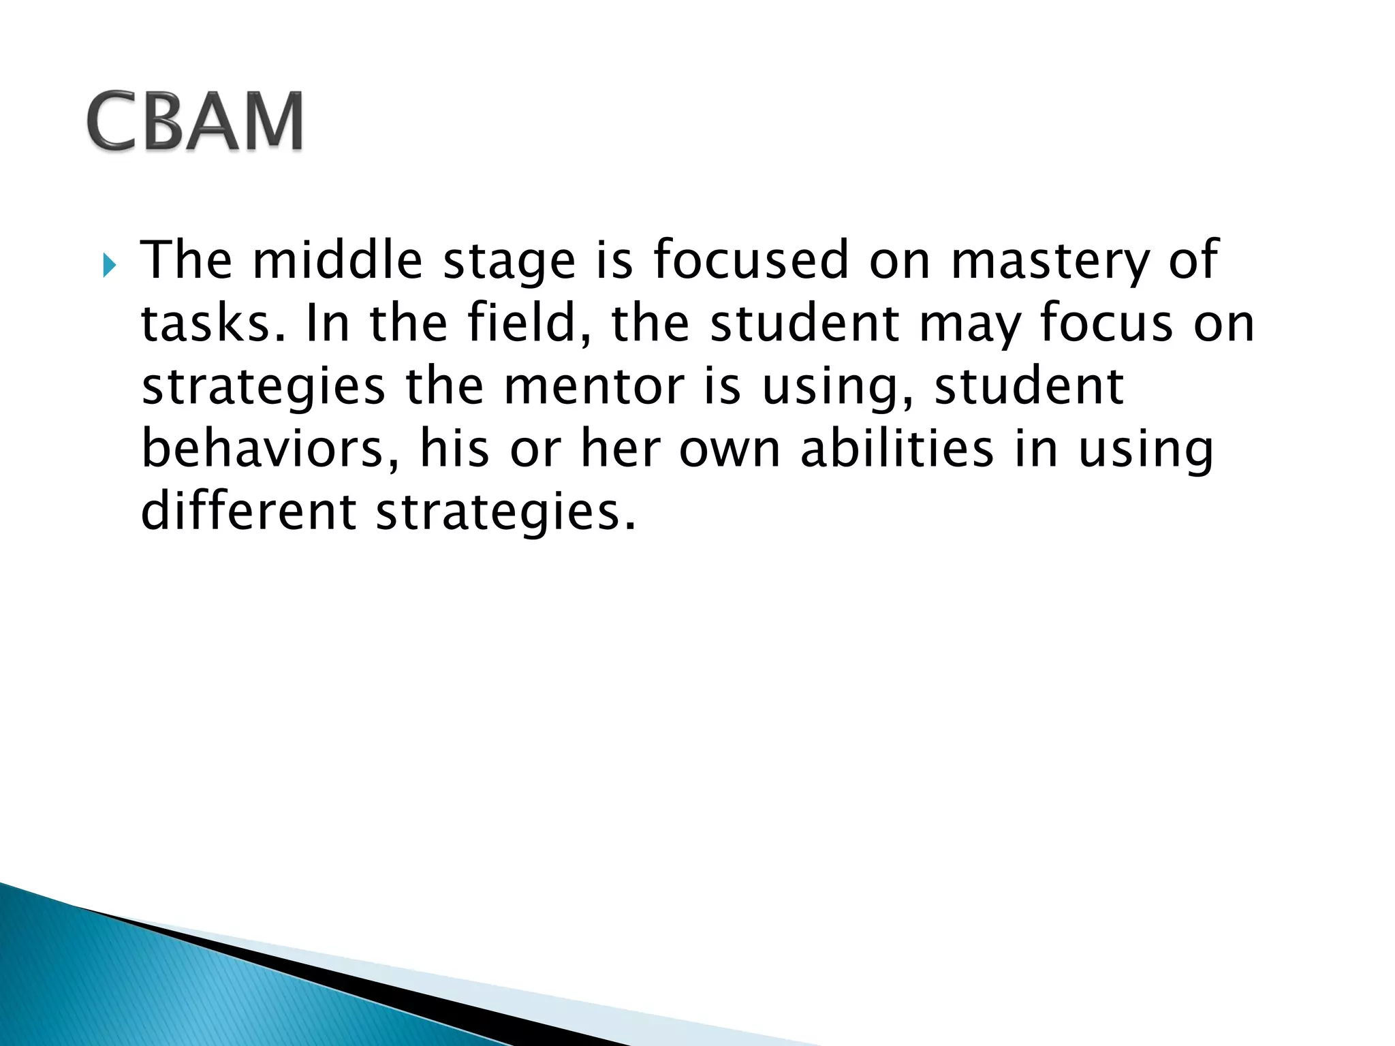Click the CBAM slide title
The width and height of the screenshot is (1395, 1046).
pos(195,121)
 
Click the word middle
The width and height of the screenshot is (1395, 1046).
pos(337,260)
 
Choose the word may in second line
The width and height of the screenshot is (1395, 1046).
pos(970,326)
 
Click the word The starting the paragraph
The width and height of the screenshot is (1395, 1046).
pos(186,260)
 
